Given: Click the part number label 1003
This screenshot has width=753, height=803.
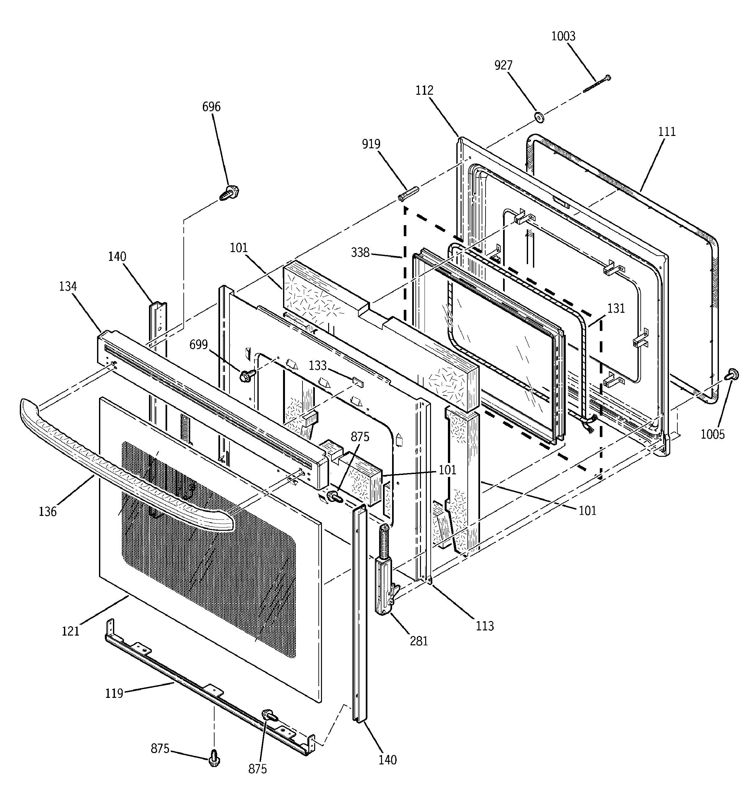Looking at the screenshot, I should pos(563,36).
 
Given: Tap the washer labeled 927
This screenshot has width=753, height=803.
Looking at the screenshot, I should pos(539,117).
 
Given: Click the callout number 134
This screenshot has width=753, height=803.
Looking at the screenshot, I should pos(68,286).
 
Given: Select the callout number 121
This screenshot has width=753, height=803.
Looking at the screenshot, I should pos(70,631).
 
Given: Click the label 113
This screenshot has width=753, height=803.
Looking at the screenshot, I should pos(485,626).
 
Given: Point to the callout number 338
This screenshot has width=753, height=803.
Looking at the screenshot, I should pos(360,252).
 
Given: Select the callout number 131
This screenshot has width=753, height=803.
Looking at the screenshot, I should pos(616,308).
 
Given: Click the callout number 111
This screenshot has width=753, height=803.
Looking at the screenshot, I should pos(667,132).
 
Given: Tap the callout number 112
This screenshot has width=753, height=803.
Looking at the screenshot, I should pos(425,91).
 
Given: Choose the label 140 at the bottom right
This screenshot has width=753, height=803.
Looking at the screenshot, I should pos(388,760).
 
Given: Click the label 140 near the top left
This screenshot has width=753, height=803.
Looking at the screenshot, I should pos(117,257).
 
